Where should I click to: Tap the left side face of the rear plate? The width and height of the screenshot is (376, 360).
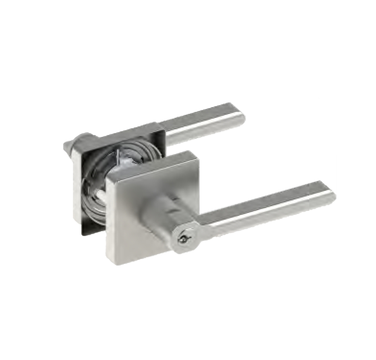point(77,180)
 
